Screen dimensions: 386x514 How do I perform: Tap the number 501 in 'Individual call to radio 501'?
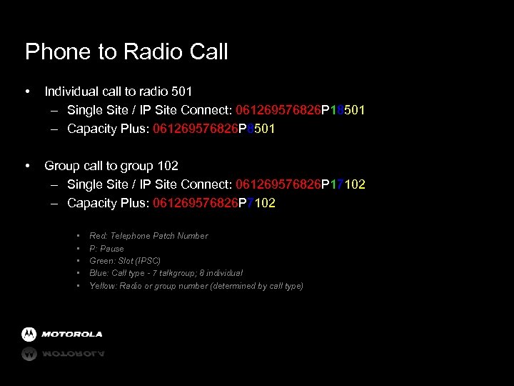(x=181, y=91)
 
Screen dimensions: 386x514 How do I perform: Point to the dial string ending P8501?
(x=214, y=129)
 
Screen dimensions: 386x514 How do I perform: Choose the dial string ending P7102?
(x=214, y=203)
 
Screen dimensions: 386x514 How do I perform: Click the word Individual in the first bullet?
(x=70, y=91)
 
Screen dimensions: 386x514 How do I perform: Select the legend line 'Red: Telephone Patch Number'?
(x=148, y=236)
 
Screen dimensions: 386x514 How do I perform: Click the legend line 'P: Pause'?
(x=106, y=249)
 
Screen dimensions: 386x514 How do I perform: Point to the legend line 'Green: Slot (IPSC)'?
(x=125, y=261)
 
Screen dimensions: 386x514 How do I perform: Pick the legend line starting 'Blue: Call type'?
(x=166, y=273)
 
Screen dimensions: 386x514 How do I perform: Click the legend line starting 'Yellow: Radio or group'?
(x=196, y=286)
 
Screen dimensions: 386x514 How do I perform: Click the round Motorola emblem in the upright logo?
(x=29, y=335)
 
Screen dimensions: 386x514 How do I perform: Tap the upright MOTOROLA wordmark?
(x=71, y=335)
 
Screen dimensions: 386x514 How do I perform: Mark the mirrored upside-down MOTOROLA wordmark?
(x=71, y=353)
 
